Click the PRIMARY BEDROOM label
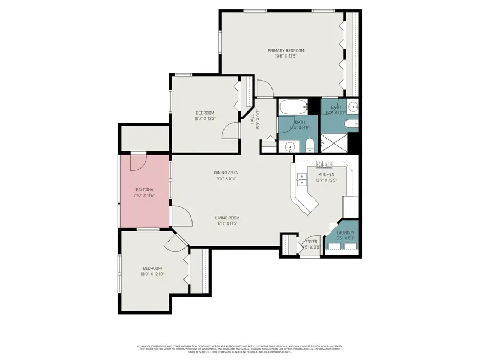pyautogui.click(x=289, y=50)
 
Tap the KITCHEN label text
pyautogui.click(x=326, y=175)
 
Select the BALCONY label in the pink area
pyautogui.click(x=144, y=190)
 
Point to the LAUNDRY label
pyautogui.click(x=345, y=233)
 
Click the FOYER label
pyautogui.click(x=310, y=241)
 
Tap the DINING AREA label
pyautogui.click(x=226, y=173)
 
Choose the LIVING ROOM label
pyautogui.click(x=227, y=218)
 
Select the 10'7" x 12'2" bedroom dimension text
pyautogui.click(x=205, y=118)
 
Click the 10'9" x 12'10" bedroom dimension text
pyautogui.click(x=152, y=274)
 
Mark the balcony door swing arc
pyautogui.click(x=137, y=162)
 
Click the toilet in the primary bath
pyautogui.click(x=350, y=124)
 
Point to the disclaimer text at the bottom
pyautogui.click(x=239, y=349)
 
